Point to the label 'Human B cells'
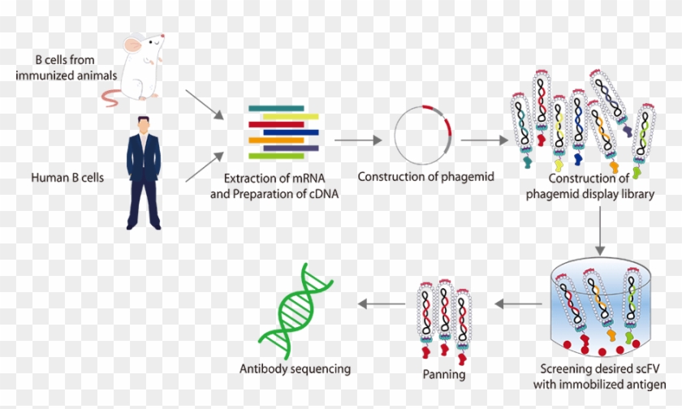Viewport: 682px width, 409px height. [66, 174]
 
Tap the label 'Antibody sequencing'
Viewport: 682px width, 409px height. [295, 368]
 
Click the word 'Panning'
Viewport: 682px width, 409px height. [444, 375]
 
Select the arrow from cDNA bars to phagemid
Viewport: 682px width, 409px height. [358, 140]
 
